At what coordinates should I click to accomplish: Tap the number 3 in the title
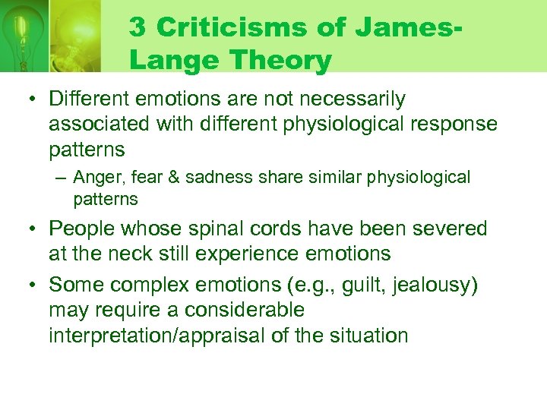coord(138,27)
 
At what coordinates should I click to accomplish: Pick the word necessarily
coord(352,99)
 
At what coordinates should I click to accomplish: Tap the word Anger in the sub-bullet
coord(95,177)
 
